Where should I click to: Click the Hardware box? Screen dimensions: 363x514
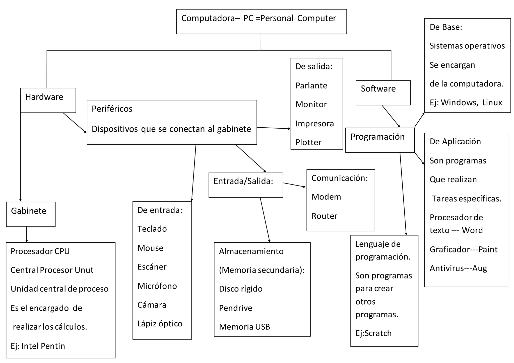pos(48,100)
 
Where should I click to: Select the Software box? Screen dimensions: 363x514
pos(383,93)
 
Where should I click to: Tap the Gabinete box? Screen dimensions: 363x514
pos(31,214)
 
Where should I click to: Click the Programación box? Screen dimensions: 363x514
pos(380,140)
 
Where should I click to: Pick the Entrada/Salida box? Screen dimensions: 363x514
pos(246,185)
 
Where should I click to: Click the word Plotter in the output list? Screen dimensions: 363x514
pos(308,142)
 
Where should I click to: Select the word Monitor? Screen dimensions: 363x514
pos(311,104)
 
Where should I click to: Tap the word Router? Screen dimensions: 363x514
pos(324,216)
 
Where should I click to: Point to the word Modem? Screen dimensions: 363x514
pos(326,197)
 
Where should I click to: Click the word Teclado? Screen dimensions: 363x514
pos(152,229)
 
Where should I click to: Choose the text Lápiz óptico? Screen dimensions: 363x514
pos(160,323)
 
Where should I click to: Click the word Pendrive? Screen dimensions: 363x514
pos(235,308)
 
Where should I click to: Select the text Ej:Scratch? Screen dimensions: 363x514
pos(373,333)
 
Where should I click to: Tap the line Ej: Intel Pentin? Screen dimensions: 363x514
pos(38,346)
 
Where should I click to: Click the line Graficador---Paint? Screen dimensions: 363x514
pos(463,249)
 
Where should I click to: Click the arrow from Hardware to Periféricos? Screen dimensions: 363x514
pos(75,123)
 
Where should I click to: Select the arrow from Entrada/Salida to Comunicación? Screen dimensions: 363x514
pos(294,185)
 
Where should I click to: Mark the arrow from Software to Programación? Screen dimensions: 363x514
pos(391,116)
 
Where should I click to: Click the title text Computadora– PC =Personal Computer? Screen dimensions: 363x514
pos(259,18)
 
